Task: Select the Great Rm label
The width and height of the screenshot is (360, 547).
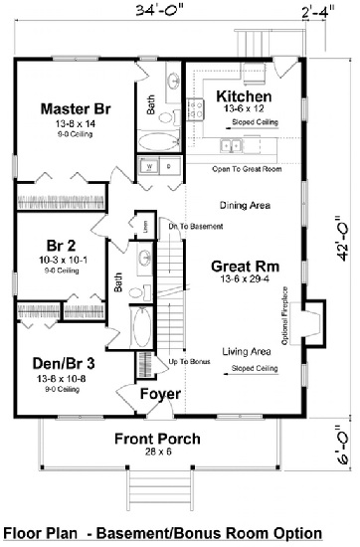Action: [x=243, y=266]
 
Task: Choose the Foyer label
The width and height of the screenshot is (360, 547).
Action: [x=160, y=394]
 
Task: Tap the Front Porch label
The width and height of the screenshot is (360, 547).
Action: [x=156, y=439]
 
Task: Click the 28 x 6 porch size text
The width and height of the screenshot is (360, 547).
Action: [x=157, y=454]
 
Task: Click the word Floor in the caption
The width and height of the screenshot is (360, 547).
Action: [x=23, y=532]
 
